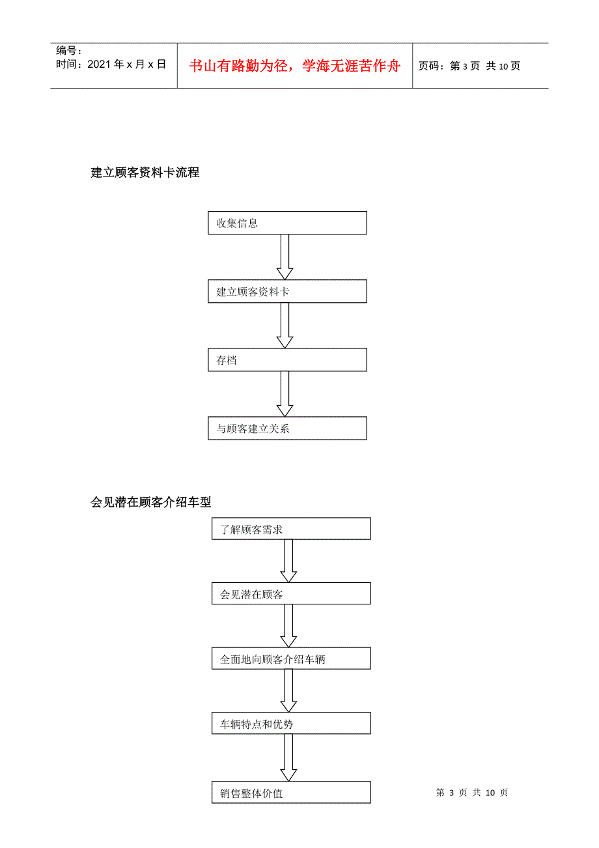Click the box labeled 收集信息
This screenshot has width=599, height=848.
287,223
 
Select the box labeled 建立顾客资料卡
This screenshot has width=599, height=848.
287,291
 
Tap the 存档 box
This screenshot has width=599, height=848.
287,360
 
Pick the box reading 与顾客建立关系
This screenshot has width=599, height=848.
287,428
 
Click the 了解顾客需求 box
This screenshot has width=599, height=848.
291,528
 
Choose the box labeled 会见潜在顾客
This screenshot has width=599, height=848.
291,593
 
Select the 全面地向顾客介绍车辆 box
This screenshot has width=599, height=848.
291,658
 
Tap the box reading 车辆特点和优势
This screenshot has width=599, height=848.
291,723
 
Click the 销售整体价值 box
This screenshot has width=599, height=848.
291,792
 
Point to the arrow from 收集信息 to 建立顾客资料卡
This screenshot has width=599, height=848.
285,257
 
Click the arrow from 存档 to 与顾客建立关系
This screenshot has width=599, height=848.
285,394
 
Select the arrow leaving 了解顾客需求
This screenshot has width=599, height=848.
288,561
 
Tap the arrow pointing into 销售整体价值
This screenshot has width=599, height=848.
288,758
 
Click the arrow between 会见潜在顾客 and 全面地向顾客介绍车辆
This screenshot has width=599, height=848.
288,626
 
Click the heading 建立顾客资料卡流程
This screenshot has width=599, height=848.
145,172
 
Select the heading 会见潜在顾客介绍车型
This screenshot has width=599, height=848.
150,502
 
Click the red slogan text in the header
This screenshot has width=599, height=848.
295,66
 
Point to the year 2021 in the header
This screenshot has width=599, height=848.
99,64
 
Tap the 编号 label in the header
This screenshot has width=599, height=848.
66,50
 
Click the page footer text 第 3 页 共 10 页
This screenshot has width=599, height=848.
472,793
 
